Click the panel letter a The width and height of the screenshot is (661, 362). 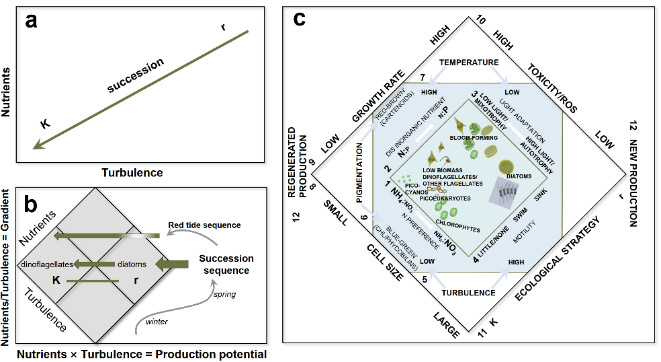coord(32,21)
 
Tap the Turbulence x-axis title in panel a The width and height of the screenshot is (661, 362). coord(132,172)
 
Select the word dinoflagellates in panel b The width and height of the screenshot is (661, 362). coord(46,264)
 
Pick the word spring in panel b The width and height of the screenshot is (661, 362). coord(224,294)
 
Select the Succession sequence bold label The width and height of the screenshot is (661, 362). coord(226,264)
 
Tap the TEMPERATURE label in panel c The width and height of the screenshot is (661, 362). coord(469,62)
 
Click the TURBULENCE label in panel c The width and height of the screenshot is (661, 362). coord(468,293)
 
